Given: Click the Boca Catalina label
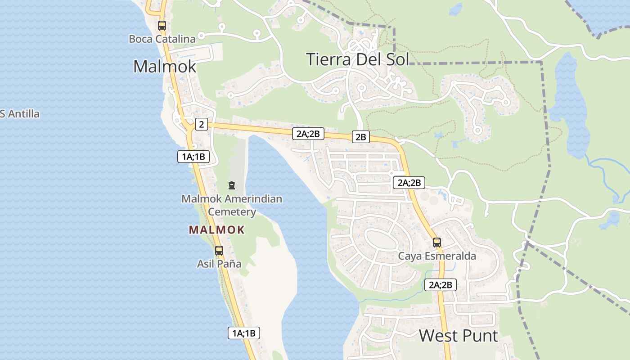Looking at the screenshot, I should pyautogui.click(x=162, y=39).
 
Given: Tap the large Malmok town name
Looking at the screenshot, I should pyautogui.click(x=165, y=67).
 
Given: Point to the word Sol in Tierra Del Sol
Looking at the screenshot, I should pyautogui.click(x=396, y=59).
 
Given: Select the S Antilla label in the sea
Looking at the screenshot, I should pyautogui.click(x=20, y=114).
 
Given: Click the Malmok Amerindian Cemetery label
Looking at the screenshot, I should pyautogui.click(x=232, y=205).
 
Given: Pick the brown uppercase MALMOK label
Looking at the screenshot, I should pyautogui.click(x=217, y=230).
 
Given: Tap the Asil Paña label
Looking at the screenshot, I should pyautogui.click(x=219, y=264).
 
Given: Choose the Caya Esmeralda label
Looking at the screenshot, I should pyautogui.click(x=437, y=256).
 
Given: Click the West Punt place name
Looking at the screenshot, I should pyautogui.click(x=459, y=336).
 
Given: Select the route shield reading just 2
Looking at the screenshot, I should pyautogui.click(x=202, y=124).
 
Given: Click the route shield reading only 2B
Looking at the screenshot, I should pyautogui.click(x=360, y=137).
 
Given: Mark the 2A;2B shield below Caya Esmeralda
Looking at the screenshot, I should pyautogui.click(x=441, y=284).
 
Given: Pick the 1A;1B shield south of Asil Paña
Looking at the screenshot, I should pyautogui.click(x=244, y=333).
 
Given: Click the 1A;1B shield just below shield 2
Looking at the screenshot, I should pyautogui.click(x=193, y=157).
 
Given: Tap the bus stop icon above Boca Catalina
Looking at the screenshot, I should pyautogui.click(x=162, y=26).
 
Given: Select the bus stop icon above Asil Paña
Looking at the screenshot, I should pyautogui.click(x=219, y=251).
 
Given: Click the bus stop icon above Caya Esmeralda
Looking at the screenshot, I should pyautogui.click(x=436, y=243).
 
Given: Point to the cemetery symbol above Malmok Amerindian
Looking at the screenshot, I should pyautogui.click(x=232, y=185).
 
